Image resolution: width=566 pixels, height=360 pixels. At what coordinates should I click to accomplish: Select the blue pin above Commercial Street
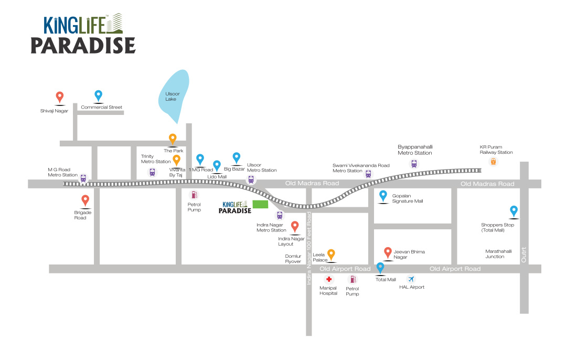click(x=98, y=96)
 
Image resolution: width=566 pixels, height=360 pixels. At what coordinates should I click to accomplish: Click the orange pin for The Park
click(x=172, y=139)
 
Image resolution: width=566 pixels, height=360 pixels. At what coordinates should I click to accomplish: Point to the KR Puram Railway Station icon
click(x=493, y=162)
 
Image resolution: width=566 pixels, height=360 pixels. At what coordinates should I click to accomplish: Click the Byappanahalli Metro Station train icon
click(x=414, y=163)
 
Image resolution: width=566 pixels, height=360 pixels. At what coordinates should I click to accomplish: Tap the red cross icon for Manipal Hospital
click(x=329, y=280)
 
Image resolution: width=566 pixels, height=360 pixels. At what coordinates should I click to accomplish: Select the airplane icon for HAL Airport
click(x=411, y=279)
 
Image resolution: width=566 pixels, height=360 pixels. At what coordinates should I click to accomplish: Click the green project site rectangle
click(x=260, y=204)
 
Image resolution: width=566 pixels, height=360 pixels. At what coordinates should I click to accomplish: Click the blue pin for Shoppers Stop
click(x=514, y=211)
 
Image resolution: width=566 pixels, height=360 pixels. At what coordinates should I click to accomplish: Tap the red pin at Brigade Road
click(x=85, y=200)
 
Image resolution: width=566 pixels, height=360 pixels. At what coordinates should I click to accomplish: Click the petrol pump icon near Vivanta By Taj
click(x=194, y=195)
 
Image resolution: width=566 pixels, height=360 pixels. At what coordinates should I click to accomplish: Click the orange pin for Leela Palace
click(x=331, y=254)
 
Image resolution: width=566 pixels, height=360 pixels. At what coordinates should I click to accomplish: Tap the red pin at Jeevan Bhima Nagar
click(x=388, y=252)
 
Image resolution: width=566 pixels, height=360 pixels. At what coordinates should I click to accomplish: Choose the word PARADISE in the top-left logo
click(x=83, y=45)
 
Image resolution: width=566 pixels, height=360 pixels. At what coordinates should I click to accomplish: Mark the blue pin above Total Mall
click(x=381, y=268)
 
